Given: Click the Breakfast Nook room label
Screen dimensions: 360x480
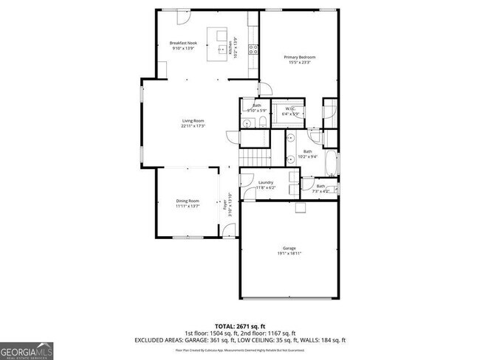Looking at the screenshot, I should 183,43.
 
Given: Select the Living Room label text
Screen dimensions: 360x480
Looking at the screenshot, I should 193,121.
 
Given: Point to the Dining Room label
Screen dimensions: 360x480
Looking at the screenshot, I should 187,201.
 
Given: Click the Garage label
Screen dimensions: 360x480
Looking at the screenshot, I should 289,248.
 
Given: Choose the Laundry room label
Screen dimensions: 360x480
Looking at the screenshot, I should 266,182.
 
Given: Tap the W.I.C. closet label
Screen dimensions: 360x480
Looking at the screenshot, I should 291,109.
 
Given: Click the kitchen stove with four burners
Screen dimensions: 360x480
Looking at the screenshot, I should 253,50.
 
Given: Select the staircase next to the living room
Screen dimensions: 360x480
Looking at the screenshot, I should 253,156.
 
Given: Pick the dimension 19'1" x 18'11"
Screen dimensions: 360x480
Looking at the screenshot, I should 289,254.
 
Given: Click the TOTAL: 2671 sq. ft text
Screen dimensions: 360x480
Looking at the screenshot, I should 239,325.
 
